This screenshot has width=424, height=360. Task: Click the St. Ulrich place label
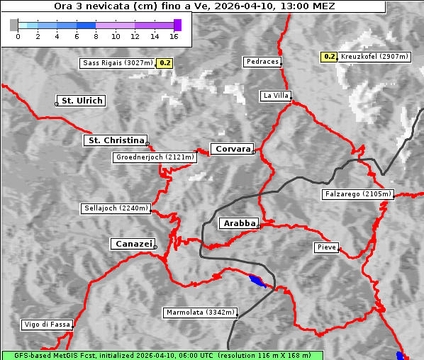click(82, 101)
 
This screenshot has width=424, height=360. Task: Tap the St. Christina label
click(116, 140)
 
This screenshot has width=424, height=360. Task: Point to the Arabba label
click(239, 223)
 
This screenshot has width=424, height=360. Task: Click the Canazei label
click(133, 244)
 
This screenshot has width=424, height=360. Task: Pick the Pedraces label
click(262, 62)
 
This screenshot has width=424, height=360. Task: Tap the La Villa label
click(275, 96)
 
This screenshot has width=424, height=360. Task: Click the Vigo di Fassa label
click(47, 325)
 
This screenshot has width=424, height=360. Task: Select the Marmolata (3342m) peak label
click(201, 313)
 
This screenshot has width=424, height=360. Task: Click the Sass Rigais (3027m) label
click(117, 63)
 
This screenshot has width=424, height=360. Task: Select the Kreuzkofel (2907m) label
click(374, 56)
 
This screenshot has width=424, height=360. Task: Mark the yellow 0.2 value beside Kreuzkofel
click(329, 56)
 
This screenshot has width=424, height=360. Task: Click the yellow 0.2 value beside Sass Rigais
click(164, 63)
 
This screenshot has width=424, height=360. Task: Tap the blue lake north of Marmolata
click(258, 281)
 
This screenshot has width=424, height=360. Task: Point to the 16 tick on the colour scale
click(174, 36)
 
